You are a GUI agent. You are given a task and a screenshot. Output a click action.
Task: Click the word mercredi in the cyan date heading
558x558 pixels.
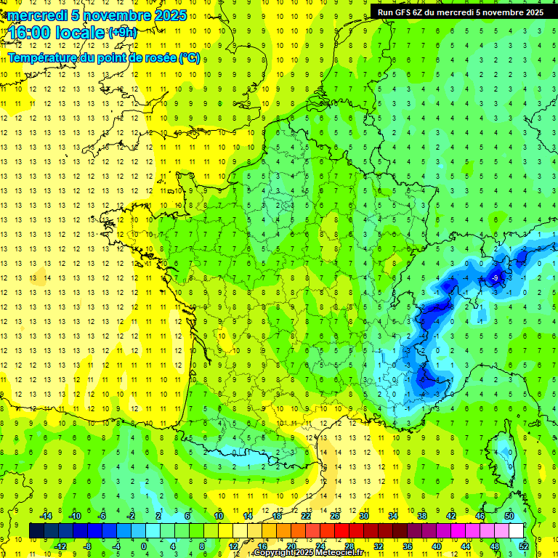38,15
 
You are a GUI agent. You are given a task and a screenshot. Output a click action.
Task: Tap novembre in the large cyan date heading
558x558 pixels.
119,15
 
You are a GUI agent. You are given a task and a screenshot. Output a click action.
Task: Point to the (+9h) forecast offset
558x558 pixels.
121,33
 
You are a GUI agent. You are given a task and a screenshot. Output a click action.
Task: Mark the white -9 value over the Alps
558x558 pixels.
495,278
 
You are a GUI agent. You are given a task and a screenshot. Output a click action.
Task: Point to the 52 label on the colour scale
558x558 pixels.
524,546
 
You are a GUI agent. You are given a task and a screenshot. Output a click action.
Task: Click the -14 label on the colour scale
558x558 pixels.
45,516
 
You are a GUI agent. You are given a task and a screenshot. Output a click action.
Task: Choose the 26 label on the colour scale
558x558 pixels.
335,516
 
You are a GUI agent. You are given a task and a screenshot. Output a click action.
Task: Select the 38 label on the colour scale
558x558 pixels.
422,516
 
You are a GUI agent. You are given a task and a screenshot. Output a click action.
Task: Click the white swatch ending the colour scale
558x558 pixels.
517,530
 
